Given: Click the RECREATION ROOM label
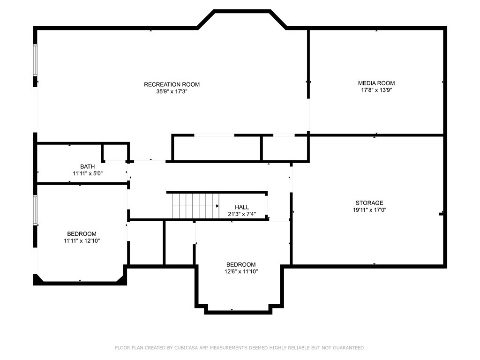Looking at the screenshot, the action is pyautogui.click(x=172, y=84).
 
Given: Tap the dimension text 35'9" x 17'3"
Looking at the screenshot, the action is pyautogui.click(x=172, y=91).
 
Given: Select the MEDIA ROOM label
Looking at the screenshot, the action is pyautogui.click(x=376, y=83).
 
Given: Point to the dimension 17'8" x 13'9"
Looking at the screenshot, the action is pyautogui.click(x=376, y=90).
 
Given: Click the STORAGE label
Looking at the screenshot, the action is pyautogui.click(x=369, y=202).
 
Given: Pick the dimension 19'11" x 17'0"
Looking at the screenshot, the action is pyautogui.click(x=369, y=210).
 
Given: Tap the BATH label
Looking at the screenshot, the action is pyautogui.click(x=88, y=166).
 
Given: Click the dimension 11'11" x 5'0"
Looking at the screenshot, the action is pyautogui.click(x=88, y=173).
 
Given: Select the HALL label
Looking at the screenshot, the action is pyautogui.click(x=242, y=207).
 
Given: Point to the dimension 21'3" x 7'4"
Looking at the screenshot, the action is pyautogui.click(x=242, y=214).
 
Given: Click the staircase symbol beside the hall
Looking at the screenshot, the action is pyautogui.click(x=196, y=206).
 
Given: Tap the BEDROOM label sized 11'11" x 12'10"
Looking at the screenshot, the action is pyautogui.click(x=82, y=234).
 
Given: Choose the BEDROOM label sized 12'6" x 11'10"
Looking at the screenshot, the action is pyautogui.click(x=241, y=264).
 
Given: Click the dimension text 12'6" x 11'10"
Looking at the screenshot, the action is pyautogui.click(x=241, y=271).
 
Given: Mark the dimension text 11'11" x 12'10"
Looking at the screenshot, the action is pyautogui.click(x=82, y=241).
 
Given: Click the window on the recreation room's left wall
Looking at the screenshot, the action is pyautogui.click(x=35, y=60).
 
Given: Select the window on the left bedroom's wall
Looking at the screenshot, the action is pyautogui.click(x=35, y=210).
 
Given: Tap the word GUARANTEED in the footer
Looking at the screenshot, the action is pyautogui.click(x=349, y=348).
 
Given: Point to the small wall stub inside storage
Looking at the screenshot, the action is pyautogui.click(x=441, y=213).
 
